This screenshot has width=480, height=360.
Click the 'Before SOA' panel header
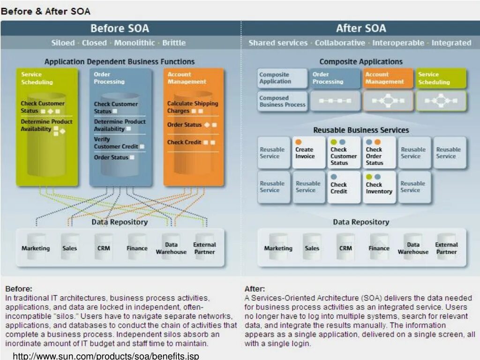coord(120,28)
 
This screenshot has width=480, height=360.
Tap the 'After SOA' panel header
coord(361,28)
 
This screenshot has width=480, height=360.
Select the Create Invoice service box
coord(309,152)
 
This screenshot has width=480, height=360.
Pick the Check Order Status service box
coord(379,152)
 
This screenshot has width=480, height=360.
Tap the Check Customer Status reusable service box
coord(344,152)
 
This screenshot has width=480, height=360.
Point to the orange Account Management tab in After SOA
coord(388,78)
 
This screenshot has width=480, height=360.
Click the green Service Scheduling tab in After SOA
coord(441,78)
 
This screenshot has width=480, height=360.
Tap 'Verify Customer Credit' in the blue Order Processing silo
coord(116,143)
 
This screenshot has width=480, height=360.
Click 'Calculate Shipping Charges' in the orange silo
coord(192,107)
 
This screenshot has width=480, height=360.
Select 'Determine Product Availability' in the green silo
coord(46,125)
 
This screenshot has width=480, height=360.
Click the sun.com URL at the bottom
coord(106,356)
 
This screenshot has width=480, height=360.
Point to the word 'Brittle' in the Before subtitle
coord(174,43)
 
